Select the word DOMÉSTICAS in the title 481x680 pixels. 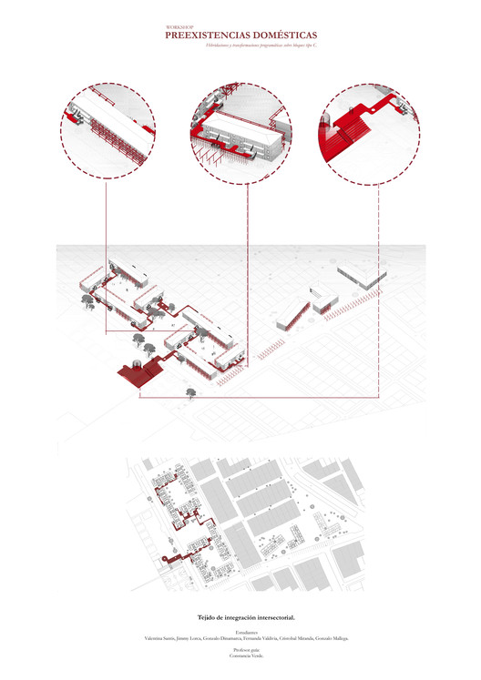tap(281, 36)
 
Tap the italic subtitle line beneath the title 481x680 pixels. tap(240, 45)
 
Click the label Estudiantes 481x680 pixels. tap(240, 632)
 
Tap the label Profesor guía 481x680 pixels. tap(240, 652)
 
